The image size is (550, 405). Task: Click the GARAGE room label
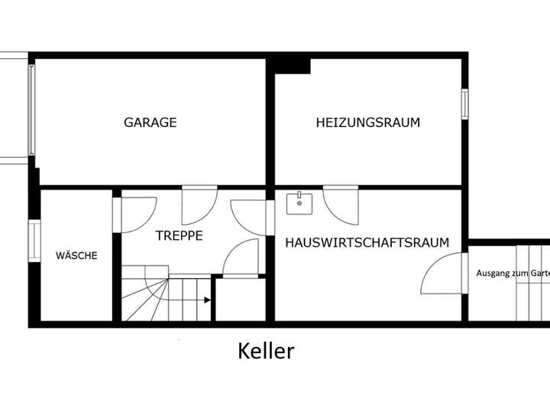point(150,122)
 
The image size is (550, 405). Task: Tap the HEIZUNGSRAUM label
point(368,122)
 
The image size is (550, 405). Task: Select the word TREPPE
point(180,236)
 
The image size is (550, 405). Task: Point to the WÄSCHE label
point(76,256)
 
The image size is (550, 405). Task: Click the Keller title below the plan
point(266,352)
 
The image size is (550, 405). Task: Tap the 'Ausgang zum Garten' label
point(512,273)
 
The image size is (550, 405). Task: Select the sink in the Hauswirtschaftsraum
point(299,203)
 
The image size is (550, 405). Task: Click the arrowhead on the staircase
point(208,300)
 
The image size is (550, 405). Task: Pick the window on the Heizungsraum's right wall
point(464,104)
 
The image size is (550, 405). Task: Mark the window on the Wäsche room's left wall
point(34,241)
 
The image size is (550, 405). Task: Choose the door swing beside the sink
point(341,205)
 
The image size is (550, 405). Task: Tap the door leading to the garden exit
point(443,274)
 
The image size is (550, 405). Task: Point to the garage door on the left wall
point(32,111)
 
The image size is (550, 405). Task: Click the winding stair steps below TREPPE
point(145,294)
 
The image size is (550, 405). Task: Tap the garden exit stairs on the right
point(532,283)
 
